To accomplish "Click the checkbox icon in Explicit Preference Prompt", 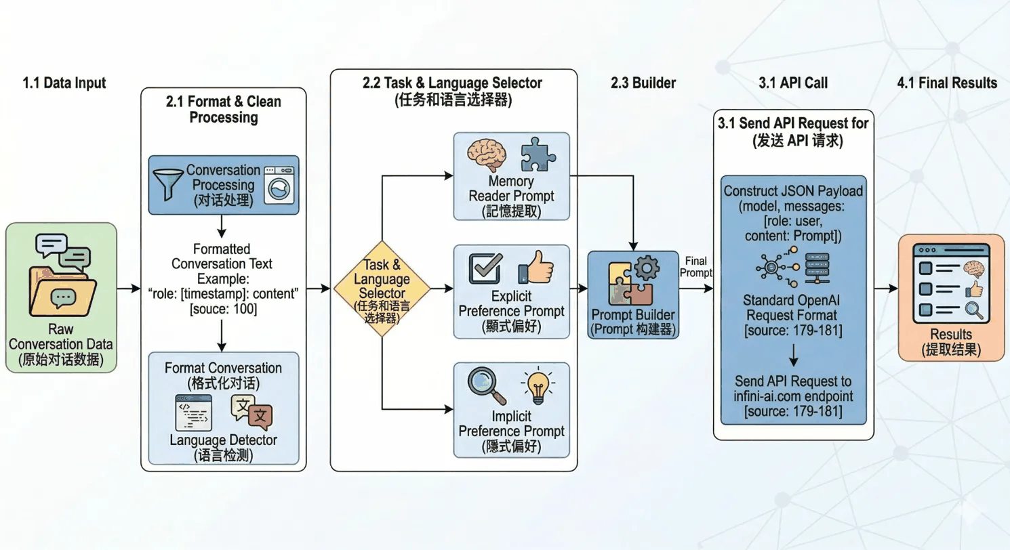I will click(486, 269).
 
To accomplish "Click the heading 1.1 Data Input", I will click(65, 83).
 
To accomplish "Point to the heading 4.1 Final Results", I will click(947, 83).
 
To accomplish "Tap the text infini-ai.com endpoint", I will click(793, 396).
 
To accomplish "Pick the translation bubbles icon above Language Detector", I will click(251, 412).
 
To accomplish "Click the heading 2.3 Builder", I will click(642, 83).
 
